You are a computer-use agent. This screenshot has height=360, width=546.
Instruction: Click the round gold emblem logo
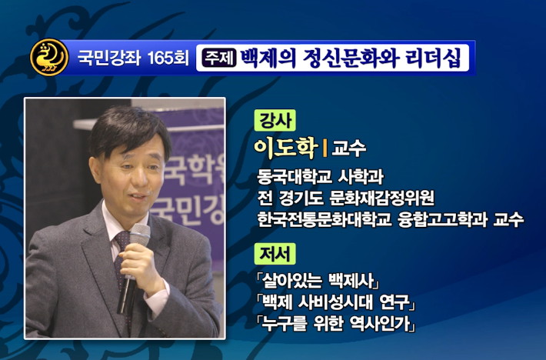[x=49, y=57]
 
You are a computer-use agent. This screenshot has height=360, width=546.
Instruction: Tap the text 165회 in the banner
[x=168, y=58]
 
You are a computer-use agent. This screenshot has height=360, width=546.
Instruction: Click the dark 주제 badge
[x=219, y=58]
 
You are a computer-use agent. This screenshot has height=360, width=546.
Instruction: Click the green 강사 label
[x=275, y=120]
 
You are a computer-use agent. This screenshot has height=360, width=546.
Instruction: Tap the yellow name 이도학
[x=286, y=148]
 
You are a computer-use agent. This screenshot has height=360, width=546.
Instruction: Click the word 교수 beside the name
[x=348, y=148]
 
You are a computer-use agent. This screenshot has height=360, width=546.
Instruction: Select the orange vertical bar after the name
[x=325, y=148]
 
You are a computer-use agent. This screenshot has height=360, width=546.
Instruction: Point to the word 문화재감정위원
[x=381, y=198]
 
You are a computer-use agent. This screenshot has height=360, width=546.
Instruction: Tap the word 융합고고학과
[x=442, y=219]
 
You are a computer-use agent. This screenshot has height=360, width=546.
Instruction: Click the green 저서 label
[x=275, y=254]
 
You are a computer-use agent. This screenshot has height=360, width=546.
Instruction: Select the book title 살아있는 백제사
[x=318, y=281]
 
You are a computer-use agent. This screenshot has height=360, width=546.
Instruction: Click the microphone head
[x=140, y=235]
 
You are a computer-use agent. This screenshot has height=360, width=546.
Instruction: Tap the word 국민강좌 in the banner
[x=108, y=58]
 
